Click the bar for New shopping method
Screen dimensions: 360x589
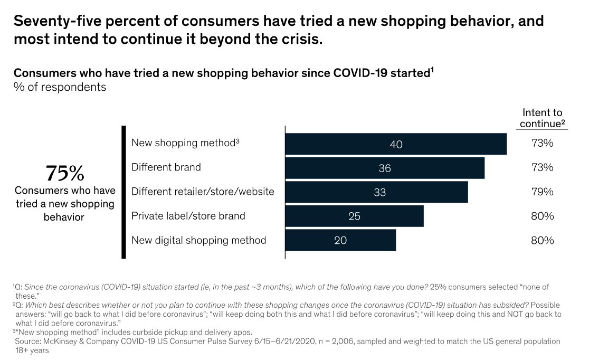click(396, 144)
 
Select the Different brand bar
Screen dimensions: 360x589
click(385, 168)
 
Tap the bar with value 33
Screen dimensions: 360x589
click(376, 192)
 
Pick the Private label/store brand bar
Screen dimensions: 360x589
click(354, 216)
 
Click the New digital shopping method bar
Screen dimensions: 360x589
click(340, 240)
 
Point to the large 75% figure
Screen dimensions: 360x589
click(64, 173)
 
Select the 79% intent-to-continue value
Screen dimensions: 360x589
click(542, 192)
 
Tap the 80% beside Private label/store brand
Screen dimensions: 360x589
click(542, 216)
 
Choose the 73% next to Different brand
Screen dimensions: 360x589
click(542, 167)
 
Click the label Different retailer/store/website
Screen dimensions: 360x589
click(203, 191)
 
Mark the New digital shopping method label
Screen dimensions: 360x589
click(198, 240)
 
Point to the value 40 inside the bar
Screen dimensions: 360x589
click(396, 144)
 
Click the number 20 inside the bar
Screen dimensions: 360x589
click(340, 240)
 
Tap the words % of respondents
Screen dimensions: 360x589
click(60, 87)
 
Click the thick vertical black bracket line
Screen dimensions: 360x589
click(123, 192)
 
